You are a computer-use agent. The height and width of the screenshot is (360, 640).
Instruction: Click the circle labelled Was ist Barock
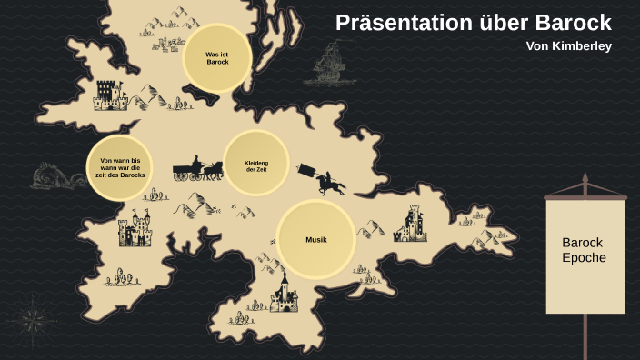217,58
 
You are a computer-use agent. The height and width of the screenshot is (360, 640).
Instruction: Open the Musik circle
315,239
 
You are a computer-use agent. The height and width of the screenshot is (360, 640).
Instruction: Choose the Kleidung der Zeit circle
256,164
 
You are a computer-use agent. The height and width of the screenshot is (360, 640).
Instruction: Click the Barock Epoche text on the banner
584,250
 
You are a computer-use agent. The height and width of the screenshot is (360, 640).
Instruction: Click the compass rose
34,320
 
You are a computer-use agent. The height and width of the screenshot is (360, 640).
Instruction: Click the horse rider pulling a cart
325,180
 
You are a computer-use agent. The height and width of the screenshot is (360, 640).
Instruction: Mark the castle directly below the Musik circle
285,294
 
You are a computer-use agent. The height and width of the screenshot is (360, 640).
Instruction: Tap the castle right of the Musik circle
410,224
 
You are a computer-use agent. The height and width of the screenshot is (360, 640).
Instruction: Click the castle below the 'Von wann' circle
135,229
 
